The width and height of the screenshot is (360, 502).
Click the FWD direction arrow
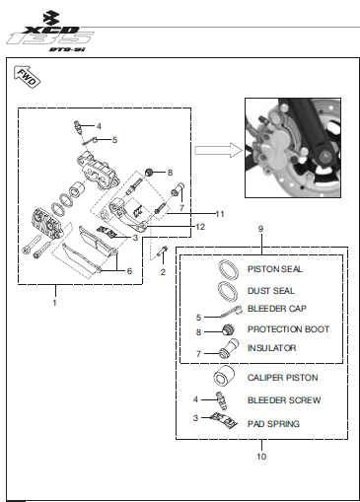coord(27,77)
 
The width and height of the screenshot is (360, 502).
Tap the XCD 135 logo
coord(50,33)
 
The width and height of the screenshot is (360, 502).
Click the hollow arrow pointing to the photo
coord(219,150)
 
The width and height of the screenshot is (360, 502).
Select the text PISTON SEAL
coord(275,269)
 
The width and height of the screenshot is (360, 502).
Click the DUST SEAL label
coord(271,291)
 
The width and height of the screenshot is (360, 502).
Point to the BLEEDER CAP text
coord(277,309)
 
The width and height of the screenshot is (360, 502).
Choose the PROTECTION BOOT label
coord(288,329)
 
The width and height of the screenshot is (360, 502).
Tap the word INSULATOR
coord(271,348)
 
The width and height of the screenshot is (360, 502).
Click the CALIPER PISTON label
coord(282,378)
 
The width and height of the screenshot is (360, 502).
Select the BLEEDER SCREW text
coord(284,400)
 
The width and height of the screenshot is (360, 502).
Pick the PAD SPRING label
coord(273,424)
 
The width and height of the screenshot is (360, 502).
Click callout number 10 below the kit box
coord(261,457)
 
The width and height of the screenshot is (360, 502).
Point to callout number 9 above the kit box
coord(260,229)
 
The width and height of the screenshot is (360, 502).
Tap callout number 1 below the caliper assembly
coord(55,303)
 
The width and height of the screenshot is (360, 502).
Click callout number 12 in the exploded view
coord(200,227)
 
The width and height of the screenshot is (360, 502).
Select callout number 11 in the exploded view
coord(220,214)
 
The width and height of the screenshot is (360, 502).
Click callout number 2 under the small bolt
coord(163,272)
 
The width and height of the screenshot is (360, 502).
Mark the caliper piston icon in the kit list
coord(224,376)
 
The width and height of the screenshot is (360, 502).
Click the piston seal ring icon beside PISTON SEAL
coord(229,269)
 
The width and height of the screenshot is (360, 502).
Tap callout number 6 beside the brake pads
coord(129,271)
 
